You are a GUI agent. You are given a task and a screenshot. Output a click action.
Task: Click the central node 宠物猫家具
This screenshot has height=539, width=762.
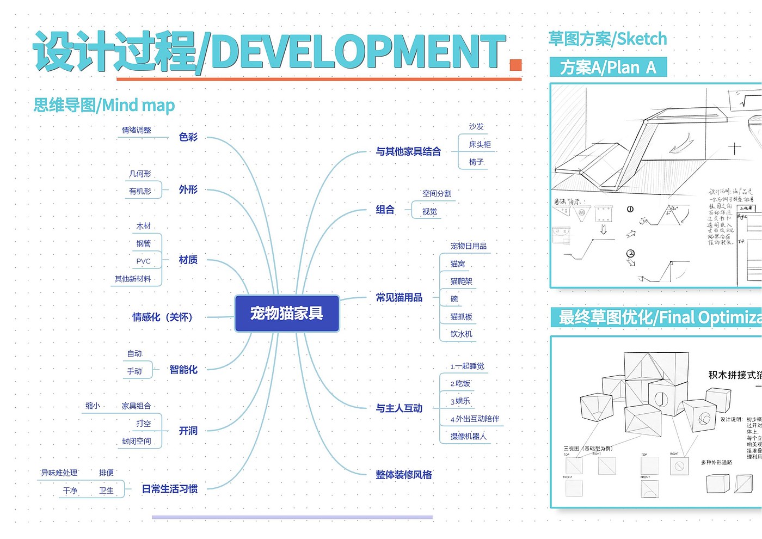click(x=287, y=313)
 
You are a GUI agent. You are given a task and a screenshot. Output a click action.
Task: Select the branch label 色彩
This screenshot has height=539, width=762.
click(x=188, y=137)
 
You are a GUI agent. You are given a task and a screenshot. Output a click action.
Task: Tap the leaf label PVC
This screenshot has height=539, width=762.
click(x=143, y=261)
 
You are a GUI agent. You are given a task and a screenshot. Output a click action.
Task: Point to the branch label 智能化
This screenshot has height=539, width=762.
click(x=183, y=370)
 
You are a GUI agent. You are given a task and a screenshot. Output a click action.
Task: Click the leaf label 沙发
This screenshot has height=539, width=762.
click(x=476, y=126)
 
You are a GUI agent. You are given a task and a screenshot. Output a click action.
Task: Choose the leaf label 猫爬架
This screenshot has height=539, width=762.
click(x=461, y=281)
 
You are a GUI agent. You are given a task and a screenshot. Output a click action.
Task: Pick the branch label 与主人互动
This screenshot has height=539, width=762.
click(x=399, y=408)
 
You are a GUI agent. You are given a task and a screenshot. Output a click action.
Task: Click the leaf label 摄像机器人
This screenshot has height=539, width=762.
click(x=468, y=437)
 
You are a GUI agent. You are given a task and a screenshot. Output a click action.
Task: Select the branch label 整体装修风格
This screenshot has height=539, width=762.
click(x=403, y=475)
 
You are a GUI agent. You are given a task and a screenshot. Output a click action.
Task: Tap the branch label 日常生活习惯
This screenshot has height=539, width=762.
click(x=169, y=489)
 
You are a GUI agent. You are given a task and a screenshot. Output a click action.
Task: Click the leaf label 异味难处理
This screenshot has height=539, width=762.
click(x=59, y=473)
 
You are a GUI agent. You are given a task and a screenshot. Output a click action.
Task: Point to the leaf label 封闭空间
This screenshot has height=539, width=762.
click(x=136, y=442)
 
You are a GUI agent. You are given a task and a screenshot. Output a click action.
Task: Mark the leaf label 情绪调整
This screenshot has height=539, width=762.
click(x=136, y=130)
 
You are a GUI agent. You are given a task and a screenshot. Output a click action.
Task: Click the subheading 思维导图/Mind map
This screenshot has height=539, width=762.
click(x=104, y=105)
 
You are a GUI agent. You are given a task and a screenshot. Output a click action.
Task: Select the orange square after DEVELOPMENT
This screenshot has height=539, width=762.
click(x=515, y=65)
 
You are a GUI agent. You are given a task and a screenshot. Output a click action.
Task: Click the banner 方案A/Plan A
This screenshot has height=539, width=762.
click(x=608, y=68)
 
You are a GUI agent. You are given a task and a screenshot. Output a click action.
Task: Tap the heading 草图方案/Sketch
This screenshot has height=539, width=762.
click(x=607, y=39)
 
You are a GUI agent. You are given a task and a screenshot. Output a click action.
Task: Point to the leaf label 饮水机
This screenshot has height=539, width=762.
click(x=461, y=334)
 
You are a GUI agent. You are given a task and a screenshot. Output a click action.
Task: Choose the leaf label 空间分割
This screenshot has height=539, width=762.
click(x=437, y=194)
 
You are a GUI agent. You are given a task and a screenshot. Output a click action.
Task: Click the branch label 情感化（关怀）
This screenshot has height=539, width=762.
click(x=162, y=317)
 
